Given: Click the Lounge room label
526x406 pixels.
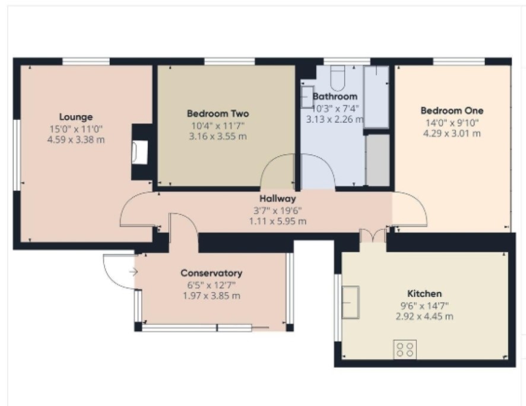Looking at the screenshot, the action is click(x=76, y=117).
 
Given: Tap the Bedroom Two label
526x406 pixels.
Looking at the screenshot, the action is click(x=218, y=113).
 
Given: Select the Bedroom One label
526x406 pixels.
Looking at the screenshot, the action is click(x=452, y=110).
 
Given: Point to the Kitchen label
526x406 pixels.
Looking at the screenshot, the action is click(x=424, y=294).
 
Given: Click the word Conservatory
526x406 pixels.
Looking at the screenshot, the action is click(x=211, y=273).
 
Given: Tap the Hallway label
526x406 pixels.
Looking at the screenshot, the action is click(x=278, y=199).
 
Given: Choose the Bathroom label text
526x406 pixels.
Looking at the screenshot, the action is click(x=335, y=97).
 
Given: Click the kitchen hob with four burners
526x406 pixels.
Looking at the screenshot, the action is click(x=405, y=350).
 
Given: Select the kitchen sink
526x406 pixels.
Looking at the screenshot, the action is click(x=350, y=302).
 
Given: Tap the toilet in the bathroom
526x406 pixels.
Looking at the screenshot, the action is click(x=337, y=78).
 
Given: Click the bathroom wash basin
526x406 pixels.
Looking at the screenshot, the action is click(x=307, y=97).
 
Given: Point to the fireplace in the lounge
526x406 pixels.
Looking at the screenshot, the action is click(x=140, y=153).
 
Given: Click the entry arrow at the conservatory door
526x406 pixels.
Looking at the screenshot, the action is click(x=134, y=272).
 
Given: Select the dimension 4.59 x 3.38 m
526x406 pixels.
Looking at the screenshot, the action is click(x=76, y=139).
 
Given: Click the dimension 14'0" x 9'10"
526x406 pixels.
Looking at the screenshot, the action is click(x=452, y=123).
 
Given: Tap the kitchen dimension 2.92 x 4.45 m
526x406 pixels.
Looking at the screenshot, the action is click(x=424, y=316).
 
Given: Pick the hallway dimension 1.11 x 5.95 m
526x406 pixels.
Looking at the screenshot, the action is click(x=278, y=221).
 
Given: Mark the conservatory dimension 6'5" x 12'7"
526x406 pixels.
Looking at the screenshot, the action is click(x=211, y=286).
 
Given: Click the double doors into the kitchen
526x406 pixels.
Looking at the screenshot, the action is click(x=373, y=236).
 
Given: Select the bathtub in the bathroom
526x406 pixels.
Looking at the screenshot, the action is click(x=376, y=97).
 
